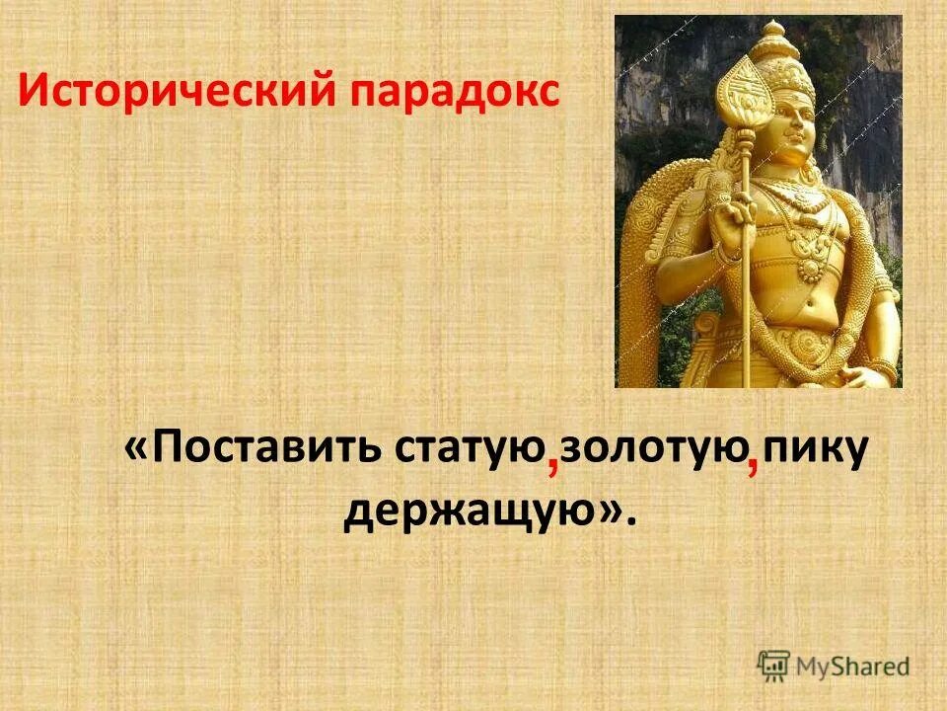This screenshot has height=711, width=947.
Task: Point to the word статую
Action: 471,450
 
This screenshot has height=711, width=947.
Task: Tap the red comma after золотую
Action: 753,465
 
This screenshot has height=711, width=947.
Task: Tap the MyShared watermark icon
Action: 774,665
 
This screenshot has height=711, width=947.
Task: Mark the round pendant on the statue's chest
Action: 809,268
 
